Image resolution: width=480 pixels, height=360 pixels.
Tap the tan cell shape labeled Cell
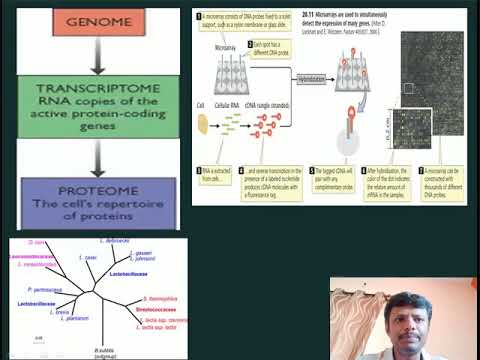204,123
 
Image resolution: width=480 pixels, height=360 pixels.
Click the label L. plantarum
74,318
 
